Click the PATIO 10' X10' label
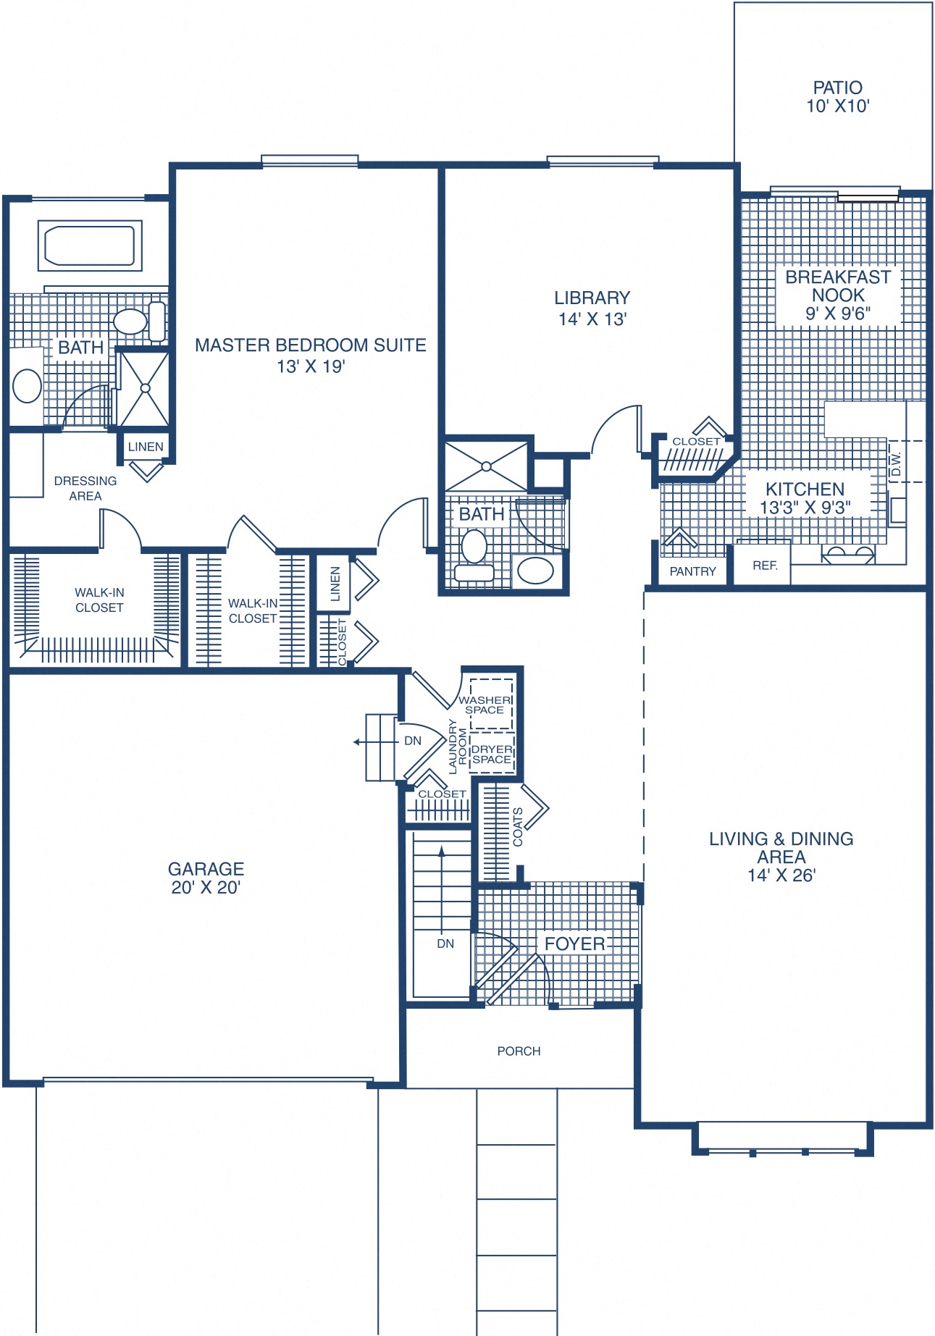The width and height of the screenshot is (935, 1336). point(837,97)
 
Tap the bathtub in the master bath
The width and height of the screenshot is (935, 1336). point(90,245)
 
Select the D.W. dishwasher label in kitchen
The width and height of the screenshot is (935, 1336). point(896,463)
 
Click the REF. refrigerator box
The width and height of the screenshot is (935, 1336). point(764,566)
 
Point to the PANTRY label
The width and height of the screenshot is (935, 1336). point(692,571)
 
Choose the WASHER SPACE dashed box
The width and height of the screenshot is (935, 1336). point(490,704)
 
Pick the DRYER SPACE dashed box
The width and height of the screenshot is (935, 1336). point(492,754)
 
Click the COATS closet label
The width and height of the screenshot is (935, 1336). point(518,827)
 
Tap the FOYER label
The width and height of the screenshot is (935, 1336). point(574,944)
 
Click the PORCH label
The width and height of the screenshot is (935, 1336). point(519,1051)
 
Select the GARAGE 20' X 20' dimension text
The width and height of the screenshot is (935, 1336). point(206,888)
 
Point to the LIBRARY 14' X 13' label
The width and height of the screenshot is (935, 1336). point(592,308)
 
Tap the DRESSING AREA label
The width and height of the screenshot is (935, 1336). point(85,488)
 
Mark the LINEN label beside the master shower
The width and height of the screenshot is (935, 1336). point(146,447)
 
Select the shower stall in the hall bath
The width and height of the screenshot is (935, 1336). point(486,466)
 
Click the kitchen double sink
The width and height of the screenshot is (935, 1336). point(847,555)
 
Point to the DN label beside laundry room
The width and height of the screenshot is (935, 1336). point(413,741)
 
